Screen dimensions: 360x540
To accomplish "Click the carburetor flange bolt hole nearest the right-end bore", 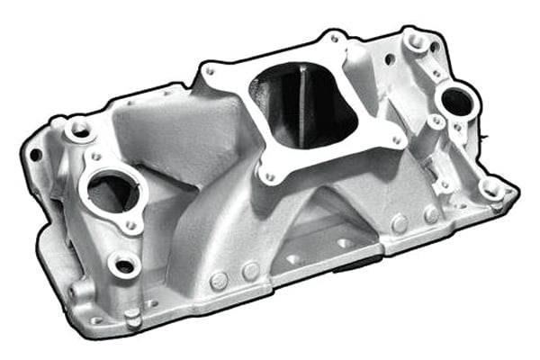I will pyautogui.click(x=396, y=140).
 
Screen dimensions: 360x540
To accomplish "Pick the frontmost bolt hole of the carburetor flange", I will pyautogui.click(x=268, y=177).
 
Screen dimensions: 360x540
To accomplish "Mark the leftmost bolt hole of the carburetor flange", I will pyautogui.click(x=209, y=70).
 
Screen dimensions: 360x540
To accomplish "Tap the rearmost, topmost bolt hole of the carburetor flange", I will pyautogui.click(x=334, y=38).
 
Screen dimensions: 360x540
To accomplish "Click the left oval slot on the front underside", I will pyautogui.click(x=293, y=259).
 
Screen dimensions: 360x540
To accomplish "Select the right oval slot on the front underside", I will pyautogui.click(x=345, y=242).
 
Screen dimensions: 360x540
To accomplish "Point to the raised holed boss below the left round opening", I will pyautogui.click(x=123, y=263).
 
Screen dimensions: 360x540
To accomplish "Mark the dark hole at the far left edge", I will pyautogui.click(x=35, y=155).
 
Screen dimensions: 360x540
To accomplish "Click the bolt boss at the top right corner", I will pyautogui.click(x=417, y=40).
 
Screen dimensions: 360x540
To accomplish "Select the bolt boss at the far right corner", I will pyautogui.click(x=491, y=188).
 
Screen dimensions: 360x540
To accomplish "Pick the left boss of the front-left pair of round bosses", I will pyautogui.click(x=219, y=280).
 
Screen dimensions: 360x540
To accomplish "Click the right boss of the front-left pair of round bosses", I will pyautogui.click(x=249, y=271).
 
